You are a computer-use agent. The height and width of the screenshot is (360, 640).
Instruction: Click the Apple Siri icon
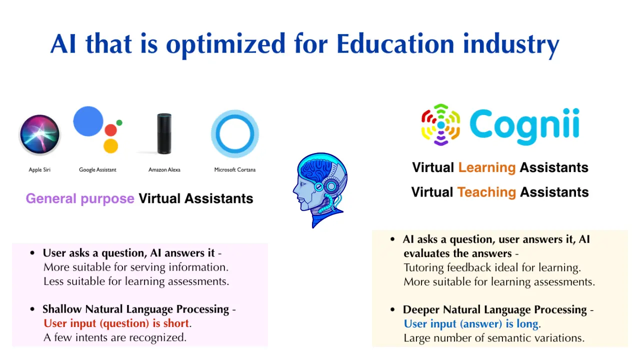coord(39,134)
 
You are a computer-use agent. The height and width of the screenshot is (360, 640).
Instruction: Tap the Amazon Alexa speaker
coord(164,133)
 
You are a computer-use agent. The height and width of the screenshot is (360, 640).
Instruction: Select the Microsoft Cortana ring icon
coord(235,133)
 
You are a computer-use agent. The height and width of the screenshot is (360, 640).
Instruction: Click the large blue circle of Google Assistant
coord(88,121)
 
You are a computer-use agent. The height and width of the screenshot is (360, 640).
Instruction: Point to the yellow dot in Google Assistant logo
coord(110,146)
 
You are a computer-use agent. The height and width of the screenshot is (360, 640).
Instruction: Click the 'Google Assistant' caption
coord(97,169)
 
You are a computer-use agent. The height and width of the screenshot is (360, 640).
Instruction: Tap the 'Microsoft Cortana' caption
coord(235,169)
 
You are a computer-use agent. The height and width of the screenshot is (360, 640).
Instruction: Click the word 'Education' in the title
coord(395,43)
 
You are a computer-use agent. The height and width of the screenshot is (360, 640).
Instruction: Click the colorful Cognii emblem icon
coord(440,124)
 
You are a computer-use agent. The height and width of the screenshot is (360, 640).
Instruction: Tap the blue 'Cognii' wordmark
coord(524,126)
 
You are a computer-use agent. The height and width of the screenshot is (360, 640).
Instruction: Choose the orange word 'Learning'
coord(487,167)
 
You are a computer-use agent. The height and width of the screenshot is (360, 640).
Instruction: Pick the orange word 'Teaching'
coord(486,192)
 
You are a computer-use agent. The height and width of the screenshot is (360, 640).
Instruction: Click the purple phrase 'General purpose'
coord(80,199)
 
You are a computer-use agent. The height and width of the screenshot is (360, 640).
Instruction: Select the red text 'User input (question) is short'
coord(116,323)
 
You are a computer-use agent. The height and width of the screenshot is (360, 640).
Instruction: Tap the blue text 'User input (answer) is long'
coord(471,323)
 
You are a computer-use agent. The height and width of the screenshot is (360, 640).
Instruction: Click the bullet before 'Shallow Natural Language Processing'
coord(32,309)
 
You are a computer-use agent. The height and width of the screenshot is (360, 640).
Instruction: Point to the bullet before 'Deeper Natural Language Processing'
coord(392,309)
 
